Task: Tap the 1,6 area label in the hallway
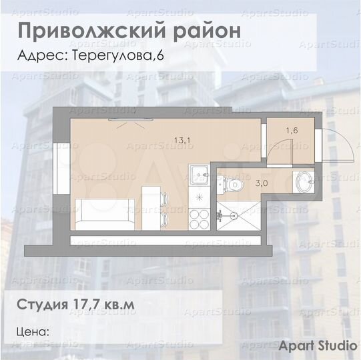(x=292, y=131)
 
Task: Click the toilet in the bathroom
(x=232, y=182)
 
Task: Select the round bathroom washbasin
(x=304, y=180)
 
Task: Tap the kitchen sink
(x=199, y=176)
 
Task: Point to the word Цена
(x=33, y=331)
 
